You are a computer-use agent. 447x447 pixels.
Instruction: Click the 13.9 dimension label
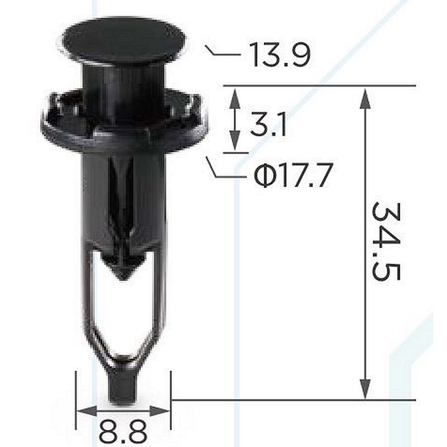pos(279,54)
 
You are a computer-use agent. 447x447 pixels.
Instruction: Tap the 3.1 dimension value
pos(268,124)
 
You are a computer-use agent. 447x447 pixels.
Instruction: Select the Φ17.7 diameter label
pos(293,175)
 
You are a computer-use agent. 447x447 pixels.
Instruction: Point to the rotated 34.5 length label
pos(386,241)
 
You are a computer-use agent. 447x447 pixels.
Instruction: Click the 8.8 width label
pos(123,431)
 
